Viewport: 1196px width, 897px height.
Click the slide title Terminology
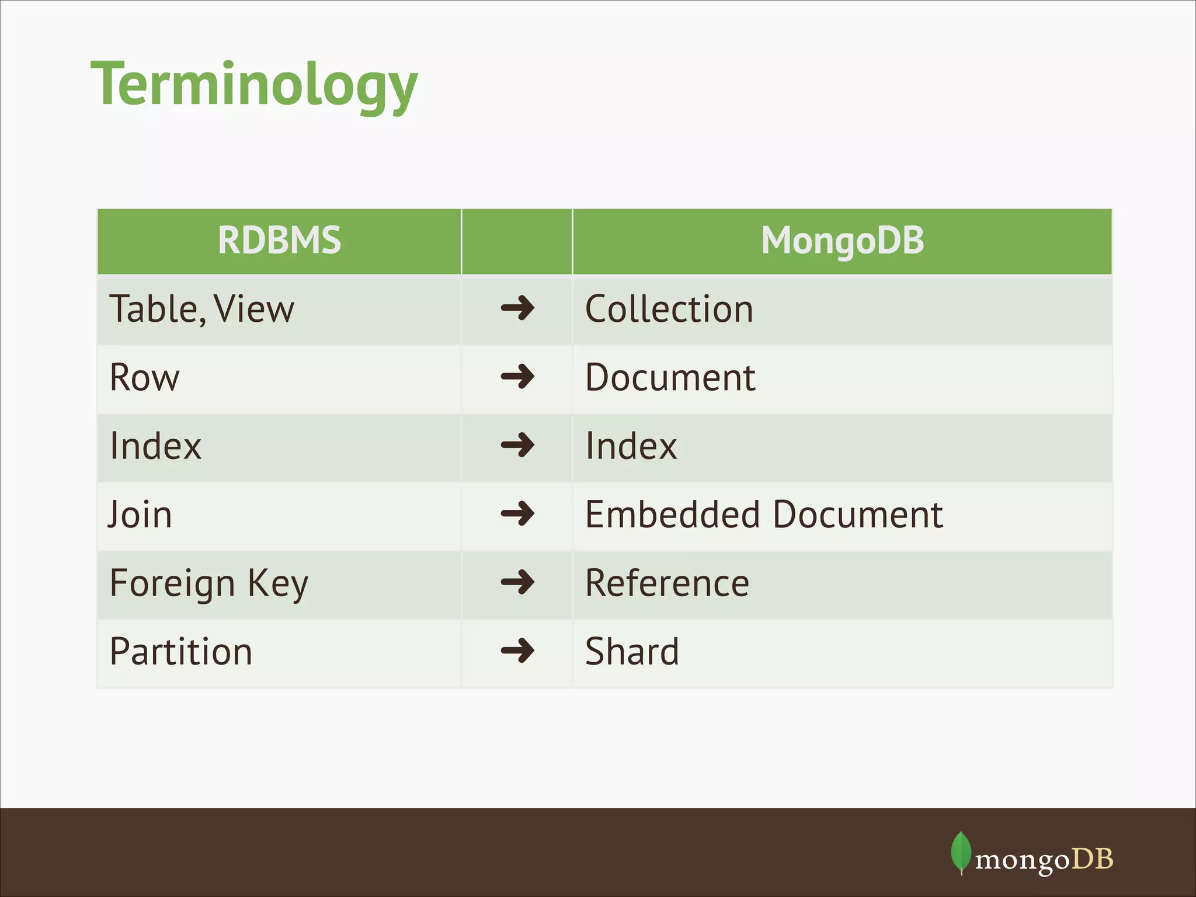(254, 85)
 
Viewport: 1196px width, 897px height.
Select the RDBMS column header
(279, 241)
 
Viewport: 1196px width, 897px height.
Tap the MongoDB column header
(842, 241)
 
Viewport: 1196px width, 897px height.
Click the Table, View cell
(202, 309)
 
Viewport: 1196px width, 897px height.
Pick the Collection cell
(669, 309)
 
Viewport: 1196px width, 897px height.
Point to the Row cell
(145, 377)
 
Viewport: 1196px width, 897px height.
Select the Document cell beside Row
(670, 377)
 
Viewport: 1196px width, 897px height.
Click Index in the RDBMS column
(155, 446)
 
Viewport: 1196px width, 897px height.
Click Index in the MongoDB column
(631, 446)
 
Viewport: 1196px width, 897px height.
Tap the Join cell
(140, 514)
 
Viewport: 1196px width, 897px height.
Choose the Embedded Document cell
(764, 514)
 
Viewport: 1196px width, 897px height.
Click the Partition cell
(181, 652)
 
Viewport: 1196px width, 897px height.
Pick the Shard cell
(632, 652)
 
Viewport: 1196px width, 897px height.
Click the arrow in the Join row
(517, 514)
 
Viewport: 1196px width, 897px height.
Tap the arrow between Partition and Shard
(517, 651)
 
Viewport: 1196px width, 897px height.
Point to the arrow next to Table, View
(517, 308)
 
